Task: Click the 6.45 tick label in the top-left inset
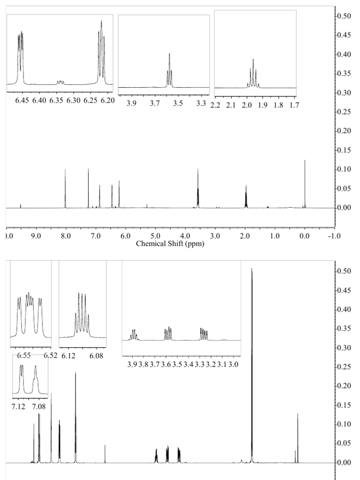tap(22, 100)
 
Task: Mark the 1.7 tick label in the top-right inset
tap(293, 104)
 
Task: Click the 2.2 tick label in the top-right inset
tap(216, 104)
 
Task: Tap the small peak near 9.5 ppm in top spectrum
tap(21, 205)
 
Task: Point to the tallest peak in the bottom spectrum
tap(252, 269)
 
